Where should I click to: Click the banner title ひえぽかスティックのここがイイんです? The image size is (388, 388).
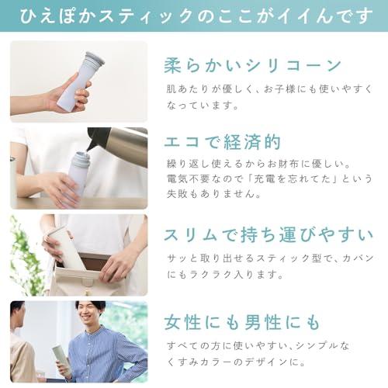[x=196, y=16]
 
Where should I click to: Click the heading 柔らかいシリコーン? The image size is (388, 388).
[x=253, y=65]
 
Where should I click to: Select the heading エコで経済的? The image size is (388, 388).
[x=223, y=142]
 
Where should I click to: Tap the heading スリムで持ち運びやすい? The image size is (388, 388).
[x=268, y=235]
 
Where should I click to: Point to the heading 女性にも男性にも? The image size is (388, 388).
[x=242, y=322]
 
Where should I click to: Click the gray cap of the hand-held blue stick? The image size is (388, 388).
[x=95, y=58]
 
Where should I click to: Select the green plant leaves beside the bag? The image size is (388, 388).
[x=25, y=256]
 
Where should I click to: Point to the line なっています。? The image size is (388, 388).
[x=203, y=106]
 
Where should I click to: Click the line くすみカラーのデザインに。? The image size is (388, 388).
[x=236, y=362]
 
